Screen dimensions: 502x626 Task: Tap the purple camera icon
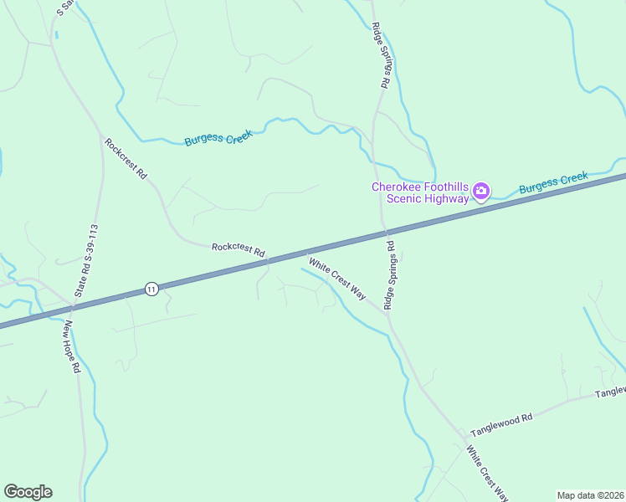tap(481, 192)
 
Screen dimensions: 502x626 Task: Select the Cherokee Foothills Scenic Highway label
tap(420, 192)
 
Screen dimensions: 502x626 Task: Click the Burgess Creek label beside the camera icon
tap(553, 182)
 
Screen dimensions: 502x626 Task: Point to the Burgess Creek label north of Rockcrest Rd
tap(218, 137)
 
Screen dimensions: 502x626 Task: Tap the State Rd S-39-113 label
tap(87, 261)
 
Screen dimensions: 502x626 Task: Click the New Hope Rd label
tap(71, 346)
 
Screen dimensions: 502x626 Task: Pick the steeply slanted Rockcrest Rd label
tap(126, 159)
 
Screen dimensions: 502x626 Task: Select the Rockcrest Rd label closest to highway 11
tap(239, 248)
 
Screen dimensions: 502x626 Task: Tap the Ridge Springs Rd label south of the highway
tap(390, 275)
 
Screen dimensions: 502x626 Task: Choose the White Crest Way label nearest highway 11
tap(337, 279)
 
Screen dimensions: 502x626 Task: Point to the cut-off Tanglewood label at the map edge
tap(610, 392)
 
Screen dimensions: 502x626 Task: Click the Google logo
tap(28, 492)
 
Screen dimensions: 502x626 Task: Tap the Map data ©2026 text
tap(590, 495)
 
